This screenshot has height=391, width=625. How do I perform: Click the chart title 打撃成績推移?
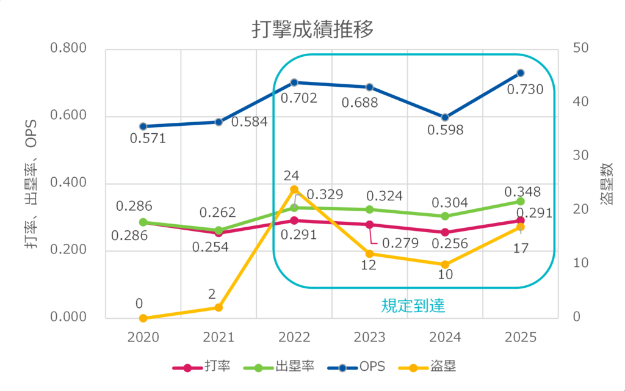pos(312,29)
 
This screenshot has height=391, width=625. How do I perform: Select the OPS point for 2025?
pos(521,73)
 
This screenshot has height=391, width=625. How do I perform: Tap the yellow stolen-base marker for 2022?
pos(294,189)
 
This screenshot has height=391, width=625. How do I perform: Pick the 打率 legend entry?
pos(201,367)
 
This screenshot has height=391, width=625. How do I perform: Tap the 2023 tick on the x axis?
pos(370,338)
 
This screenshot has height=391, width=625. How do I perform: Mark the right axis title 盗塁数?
pos(607,183)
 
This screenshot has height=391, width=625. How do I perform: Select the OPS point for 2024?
pos(445,117)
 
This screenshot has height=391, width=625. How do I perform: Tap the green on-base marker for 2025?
pos(521,201)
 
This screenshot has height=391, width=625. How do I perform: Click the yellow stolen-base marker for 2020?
pos(143,318)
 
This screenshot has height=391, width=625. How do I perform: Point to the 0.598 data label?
pos(446,130)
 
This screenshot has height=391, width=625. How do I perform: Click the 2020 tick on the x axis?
pos(143,338)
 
